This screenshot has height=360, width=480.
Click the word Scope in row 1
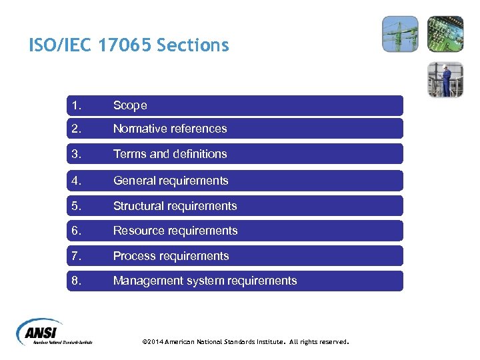coord(130,105)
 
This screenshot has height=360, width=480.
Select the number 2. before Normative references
coord(77,129)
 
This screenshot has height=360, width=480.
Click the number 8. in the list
coord(77,281)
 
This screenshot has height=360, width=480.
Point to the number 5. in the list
coord(77,206)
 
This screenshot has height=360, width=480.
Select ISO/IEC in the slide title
coord(61,45)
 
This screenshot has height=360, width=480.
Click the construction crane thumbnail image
coord(400,34)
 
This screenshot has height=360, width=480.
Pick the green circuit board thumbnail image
coord(445,34)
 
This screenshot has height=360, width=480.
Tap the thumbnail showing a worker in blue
coord(445,79)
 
